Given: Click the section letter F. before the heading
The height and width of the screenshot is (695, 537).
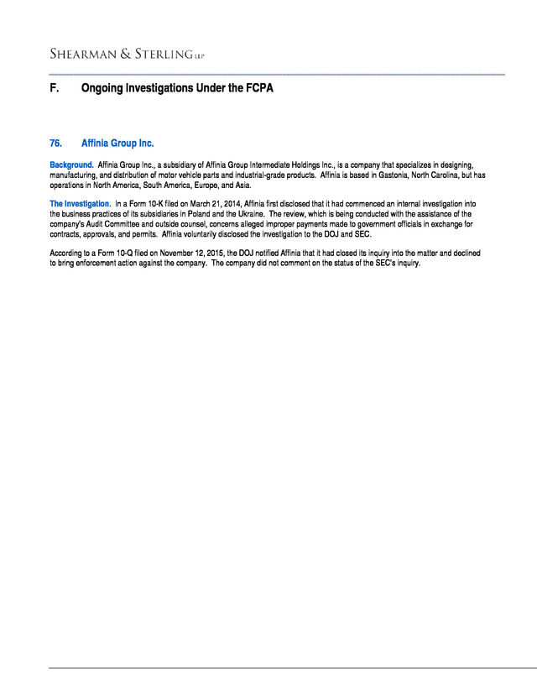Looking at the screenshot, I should (x=54, y=87).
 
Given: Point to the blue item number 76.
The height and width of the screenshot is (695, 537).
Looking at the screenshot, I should (x=56, y=143).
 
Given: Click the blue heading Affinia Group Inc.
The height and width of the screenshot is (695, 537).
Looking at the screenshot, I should (x=117, y=143).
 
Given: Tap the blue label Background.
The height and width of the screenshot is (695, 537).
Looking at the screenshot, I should (x=71, y=165).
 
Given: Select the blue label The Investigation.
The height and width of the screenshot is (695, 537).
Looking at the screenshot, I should (x=80, y=204).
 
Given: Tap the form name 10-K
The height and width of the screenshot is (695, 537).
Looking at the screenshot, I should (x=159, y=204).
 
